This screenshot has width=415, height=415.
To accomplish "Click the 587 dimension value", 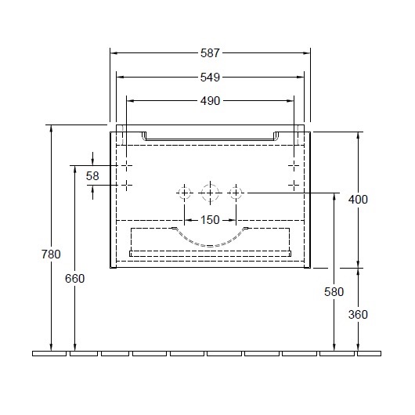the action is click(210, 53).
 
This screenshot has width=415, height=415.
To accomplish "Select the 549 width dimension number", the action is click(210, 78).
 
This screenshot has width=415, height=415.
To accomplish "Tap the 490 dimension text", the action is click(210, 101).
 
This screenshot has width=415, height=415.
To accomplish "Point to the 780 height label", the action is click(51, 254).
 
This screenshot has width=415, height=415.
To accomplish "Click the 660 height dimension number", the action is click(75, 279).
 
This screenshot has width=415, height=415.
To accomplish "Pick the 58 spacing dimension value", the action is click(92, 176).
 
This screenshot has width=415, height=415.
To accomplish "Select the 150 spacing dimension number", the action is click(210, 220).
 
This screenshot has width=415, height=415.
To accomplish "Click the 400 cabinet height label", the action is click(358, 200).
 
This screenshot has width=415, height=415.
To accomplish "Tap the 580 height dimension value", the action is click(334, 292).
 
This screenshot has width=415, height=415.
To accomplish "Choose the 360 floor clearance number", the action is click(358, 315).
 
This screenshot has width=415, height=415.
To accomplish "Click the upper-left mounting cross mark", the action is click(127, 166).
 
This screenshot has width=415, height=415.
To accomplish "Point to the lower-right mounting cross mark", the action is click(294, 185).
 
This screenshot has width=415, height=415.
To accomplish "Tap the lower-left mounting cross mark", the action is click(127, 185).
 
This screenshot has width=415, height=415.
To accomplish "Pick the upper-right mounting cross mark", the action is click(294, 166).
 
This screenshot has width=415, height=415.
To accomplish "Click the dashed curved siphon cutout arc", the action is click(210, 245).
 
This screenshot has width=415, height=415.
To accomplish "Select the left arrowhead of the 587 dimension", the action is click(114, 53).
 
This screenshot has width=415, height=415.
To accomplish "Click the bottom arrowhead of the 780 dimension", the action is click(51, 347).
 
